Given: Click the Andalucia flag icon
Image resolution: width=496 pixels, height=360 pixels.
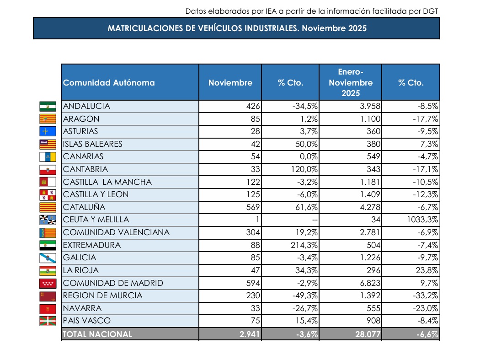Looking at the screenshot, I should click(x=48, y=106).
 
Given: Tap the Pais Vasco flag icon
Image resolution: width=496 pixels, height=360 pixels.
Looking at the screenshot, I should click(x=48, y=321).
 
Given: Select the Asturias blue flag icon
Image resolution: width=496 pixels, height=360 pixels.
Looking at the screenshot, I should click(x=48, y=131).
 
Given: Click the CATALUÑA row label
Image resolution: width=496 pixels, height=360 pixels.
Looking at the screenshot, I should click(x=84, y=207).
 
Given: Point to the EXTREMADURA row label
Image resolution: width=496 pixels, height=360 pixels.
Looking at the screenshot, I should click(x=92, y=245).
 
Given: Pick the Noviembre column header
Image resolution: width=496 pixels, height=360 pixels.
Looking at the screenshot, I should click(x=230, y=83).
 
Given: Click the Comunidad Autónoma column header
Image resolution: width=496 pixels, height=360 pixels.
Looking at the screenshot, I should click(x=109, y=83).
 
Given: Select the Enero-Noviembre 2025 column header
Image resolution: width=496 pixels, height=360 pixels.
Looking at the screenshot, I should click(x=350, y=83).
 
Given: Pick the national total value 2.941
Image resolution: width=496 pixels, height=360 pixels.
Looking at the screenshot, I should click(x=250, y=334).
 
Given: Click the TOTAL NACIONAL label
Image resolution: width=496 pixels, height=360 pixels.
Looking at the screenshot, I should click(x=97, y=334).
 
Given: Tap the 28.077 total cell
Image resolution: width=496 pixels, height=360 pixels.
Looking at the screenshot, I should click(x=367, y=334).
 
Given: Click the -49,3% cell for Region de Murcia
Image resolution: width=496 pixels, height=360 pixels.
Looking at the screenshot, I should click(x=304, y=296).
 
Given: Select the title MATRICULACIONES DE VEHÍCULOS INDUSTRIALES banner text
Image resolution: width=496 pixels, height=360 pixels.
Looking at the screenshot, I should click(x=237, y=28).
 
